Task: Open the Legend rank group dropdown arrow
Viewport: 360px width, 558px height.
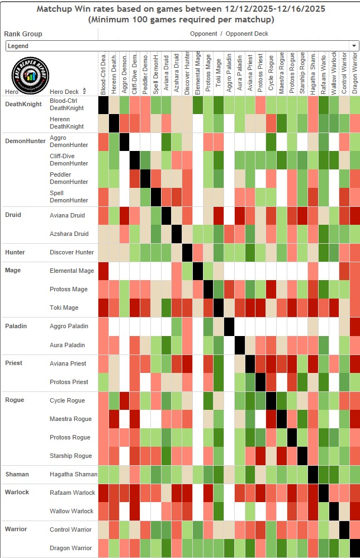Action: [x=354, y=46]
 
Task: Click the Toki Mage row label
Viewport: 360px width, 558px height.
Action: [x=64, y=308]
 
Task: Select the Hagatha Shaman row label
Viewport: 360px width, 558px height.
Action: [x=73, y=474]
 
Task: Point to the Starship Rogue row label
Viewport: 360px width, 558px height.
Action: [x=70, y=456]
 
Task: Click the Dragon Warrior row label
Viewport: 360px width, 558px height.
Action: [x=70, y=548]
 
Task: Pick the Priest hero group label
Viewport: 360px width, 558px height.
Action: [x=13, y=363]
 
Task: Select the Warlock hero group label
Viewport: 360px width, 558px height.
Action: [x=17, y=492]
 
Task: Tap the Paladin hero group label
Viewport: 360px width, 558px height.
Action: [x=16, y=326]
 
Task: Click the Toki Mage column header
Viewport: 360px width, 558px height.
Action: [x=219, y=76]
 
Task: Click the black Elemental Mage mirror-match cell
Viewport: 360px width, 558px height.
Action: [x=197, y=271]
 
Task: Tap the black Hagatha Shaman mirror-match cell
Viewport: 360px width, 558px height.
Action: [x=313, y=474]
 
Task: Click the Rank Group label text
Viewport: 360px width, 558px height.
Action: [x=23, y=34]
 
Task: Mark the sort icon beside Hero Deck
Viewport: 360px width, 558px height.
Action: [x=84, y=91]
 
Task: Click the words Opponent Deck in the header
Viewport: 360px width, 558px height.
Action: [x=247, y=34]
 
